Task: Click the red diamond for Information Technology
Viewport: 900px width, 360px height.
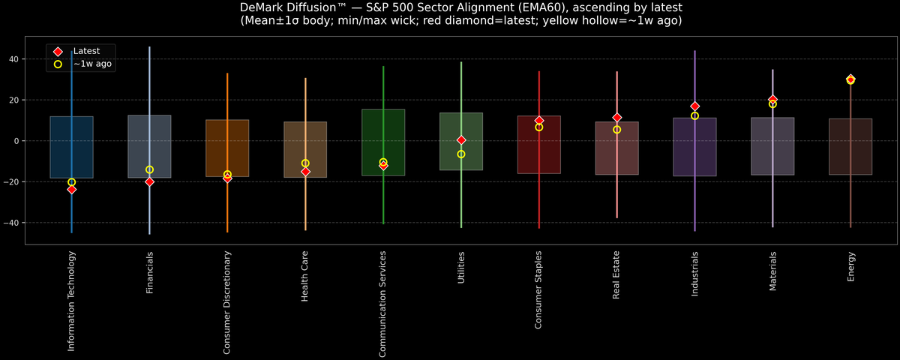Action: click(x=71, y=190)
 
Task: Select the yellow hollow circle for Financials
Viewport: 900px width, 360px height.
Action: click(x=149, y=170)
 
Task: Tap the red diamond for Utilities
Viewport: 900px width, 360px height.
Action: click(x=461, y=140)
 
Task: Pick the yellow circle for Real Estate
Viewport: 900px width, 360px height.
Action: click(x=616, y=130)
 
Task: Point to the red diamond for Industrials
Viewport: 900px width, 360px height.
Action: click(x=694, y=106)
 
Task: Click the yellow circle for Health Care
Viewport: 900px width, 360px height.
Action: click(x=305, y=163)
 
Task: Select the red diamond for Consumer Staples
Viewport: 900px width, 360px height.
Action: click(x=539, y=121)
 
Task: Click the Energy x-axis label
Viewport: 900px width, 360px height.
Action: click(x=851, y=267)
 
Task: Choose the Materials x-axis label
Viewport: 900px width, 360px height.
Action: click(x=773, y=271)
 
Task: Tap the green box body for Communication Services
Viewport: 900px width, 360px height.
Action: click(x=383, y=150)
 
